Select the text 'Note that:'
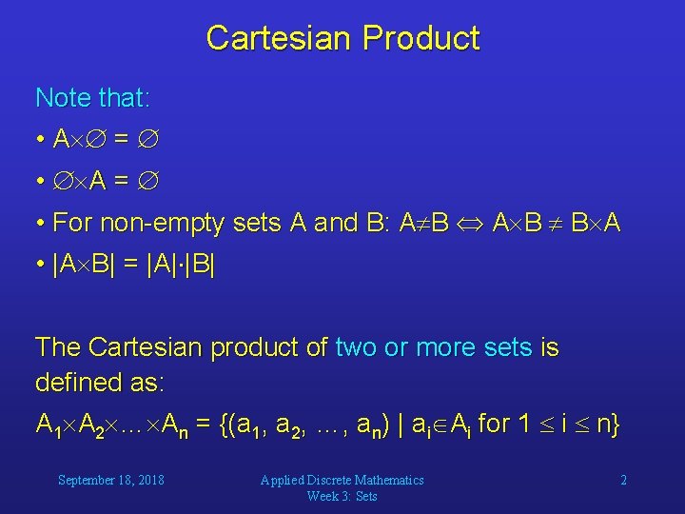92,97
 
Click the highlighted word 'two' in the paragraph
355,348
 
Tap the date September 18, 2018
110,480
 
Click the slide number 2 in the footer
623,480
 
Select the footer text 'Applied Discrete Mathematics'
342,480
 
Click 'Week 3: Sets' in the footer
342,496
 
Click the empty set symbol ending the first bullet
147,140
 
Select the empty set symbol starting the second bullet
63,182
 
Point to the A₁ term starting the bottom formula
47,425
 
